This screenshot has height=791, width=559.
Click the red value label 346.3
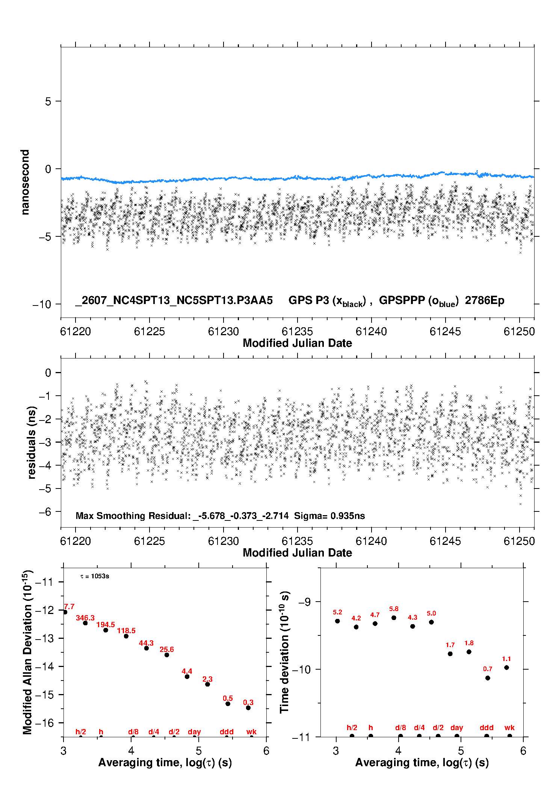tap(85, 618)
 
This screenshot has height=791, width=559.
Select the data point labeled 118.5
tap(126, 636)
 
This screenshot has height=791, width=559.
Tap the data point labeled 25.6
tap(167, 655)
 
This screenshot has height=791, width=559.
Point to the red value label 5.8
tap(394, 609)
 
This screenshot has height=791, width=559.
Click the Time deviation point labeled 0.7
tap(488, 678)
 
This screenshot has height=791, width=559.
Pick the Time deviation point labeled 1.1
tap(506, 667)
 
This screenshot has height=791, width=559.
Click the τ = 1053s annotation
tap(95, 576)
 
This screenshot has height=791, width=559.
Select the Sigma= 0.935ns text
tap(329, 516)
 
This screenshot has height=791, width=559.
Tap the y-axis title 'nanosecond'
tap(25, 182)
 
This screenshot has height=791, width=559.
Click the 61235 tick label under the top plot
tap(297, 331)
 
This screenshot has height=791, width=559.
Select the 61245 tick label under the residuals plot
tap(445, 541)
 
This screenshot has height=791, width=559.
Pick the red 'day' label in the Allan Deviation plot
tap(194, 732)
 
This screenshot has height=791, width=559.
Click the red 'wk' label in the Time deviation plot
tap(509, 727)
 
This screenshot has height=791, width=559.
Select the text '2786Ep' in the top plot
tap(485, 300)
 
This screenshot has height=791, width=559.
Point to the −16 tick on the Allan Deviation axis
tap(44, 723)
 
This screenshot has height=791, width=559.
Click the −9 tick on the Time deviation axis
tap(304, 602)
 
